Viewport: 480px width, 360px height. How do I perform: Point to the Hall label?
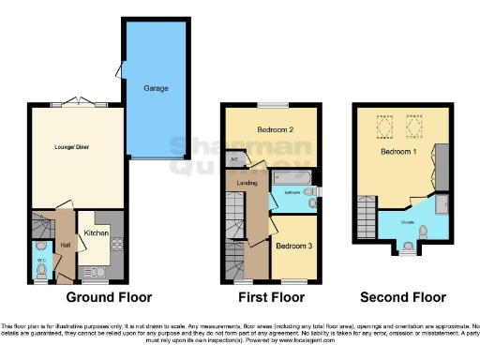tap(66, 245)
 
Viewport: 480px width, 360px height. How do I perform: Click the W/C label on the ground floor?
tap(41, 260)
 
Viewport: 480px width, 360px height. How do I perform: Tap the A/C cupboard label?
tap(232, 159)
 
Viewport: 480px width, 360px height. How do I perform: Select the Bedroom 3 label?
tap(294, 247)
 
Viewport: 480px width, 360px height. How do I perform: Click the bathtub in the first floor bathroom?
tap(293, 177)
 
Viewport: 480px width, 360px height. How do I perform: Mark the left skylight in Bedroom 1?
tap(382, 122)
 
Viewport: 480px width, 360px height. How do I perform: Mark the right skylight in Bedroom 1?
tap(413, 122)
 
